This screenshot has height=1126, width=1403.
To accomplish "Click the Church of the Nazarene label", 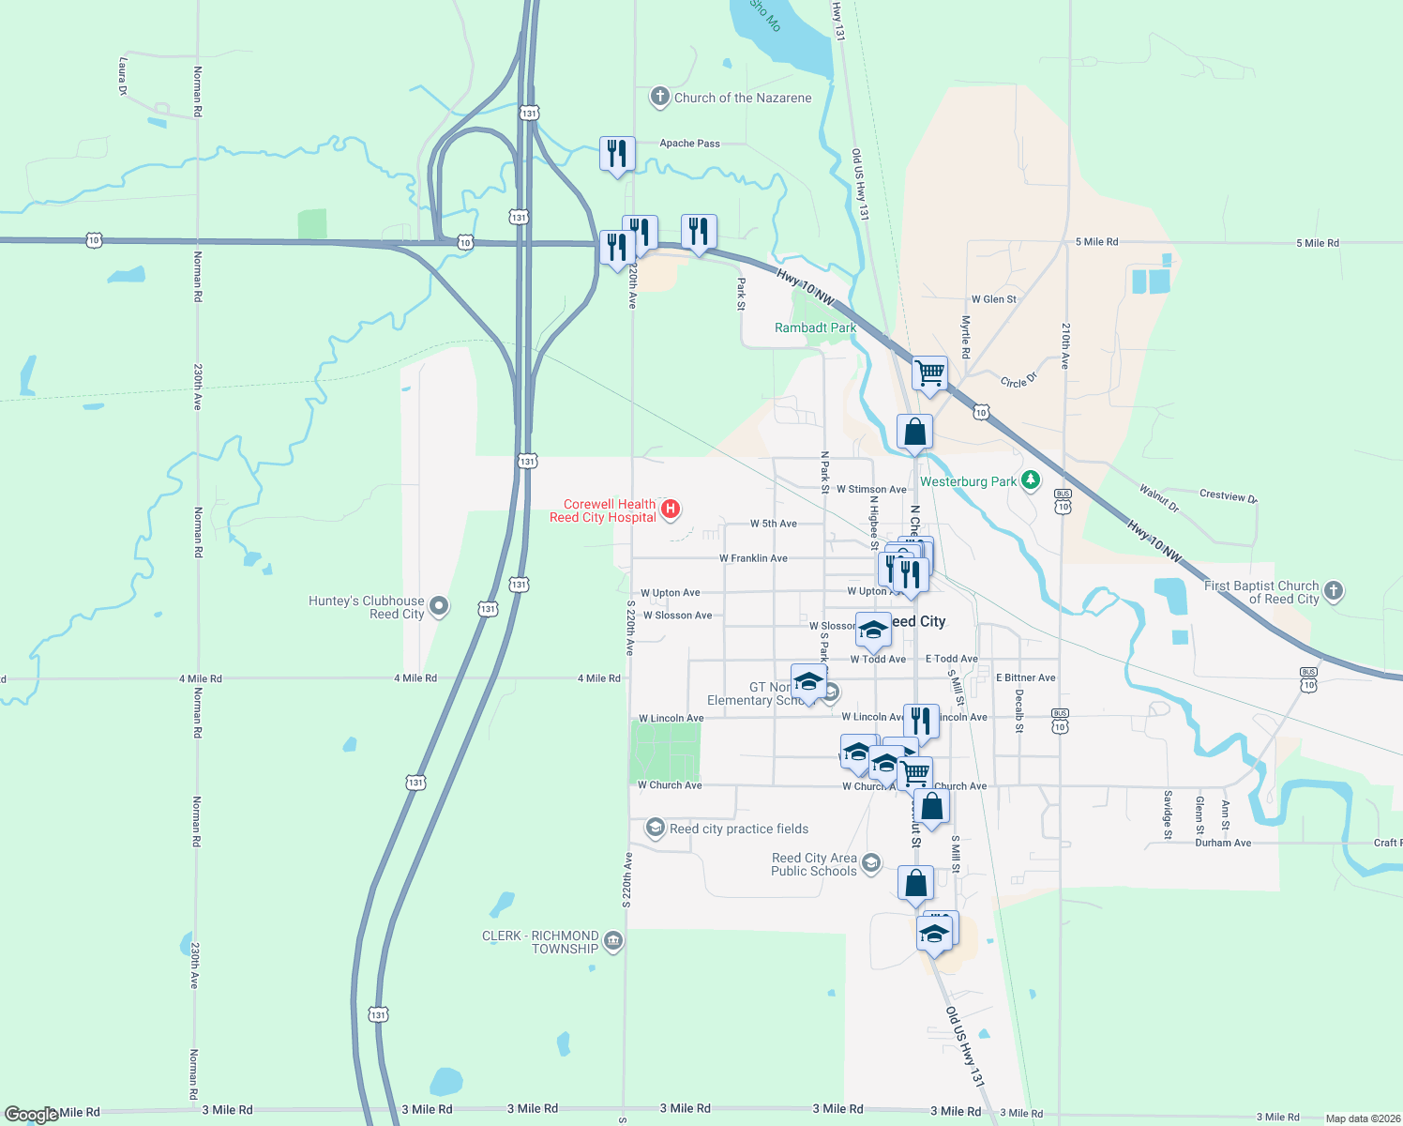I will coord(743,98).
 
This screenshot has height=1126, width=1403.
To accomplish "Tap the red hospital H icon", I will coord(671,510).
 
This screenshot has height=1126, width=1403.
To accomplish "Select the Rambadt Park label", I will coord(815,327).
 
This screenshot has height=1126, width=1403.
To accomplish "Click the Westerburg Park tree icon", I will coord(1032,481).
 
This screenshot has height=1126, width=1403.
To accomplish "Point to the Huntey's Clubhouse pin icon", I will coord(439,606).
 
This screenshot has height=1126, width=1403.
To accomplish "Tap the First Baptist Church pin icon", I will coord(1335,591).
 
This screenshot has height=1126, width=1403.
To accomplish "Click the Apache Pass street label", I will coord(689,144).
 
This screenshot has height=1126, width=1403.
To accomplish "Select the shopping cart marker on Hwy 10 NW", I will coord(929,373).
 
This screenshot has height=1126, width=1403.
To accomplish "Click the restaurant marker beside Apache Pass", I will coord(617,153).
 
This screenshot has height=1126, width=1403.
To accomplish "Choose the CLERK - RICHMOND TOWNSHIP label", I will coord(540,942).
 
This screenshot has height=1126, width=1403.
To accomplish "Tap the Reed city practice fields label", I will coord(739,829).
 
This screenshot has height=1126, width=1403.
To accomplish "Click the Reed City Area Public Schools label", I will coord(814,864).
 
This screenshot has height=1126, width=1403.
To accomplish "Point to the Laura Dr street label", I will coord(123,76).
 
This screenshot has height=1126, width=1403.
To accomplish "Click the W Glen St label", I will coord(994,299).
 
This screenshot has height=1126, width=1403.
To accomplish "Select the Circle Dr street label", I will coord(1018,381).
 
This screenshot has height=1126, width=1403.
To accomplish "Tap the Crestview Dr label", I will coord(1228,495).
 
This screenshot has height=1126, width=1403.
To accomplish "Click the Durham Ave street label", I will coord(1223,843).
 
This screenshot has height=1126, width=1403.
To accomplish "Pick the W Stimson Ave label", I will coord(871,489).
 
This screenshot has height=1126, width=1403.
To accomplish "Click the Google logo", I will coord(31,1114).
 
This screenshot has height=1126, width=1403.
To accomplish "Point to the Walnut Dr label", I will coord(1159,497).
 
